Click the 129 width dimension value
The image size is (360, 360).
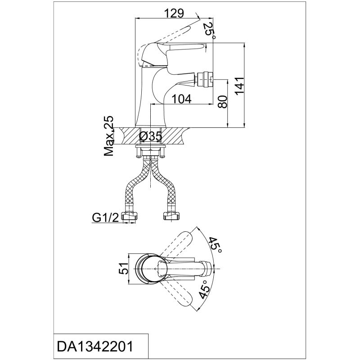(x=175, y=13)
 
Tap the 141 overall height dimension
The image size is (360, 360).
(x=240, y=85)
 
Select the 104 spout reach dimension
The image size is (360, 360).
(x=181, y=99)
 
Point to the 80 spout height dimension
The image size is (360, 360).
(x=222, y=102)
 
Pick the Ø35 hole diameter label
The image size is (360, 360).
(x=150, y=137)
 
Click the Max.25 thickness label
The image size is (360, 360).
(x=109, y=136)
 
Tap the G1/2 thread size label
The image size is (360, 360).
(x=105, y=218)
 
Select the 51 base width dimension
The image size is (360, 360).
(x=123, y=268)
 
